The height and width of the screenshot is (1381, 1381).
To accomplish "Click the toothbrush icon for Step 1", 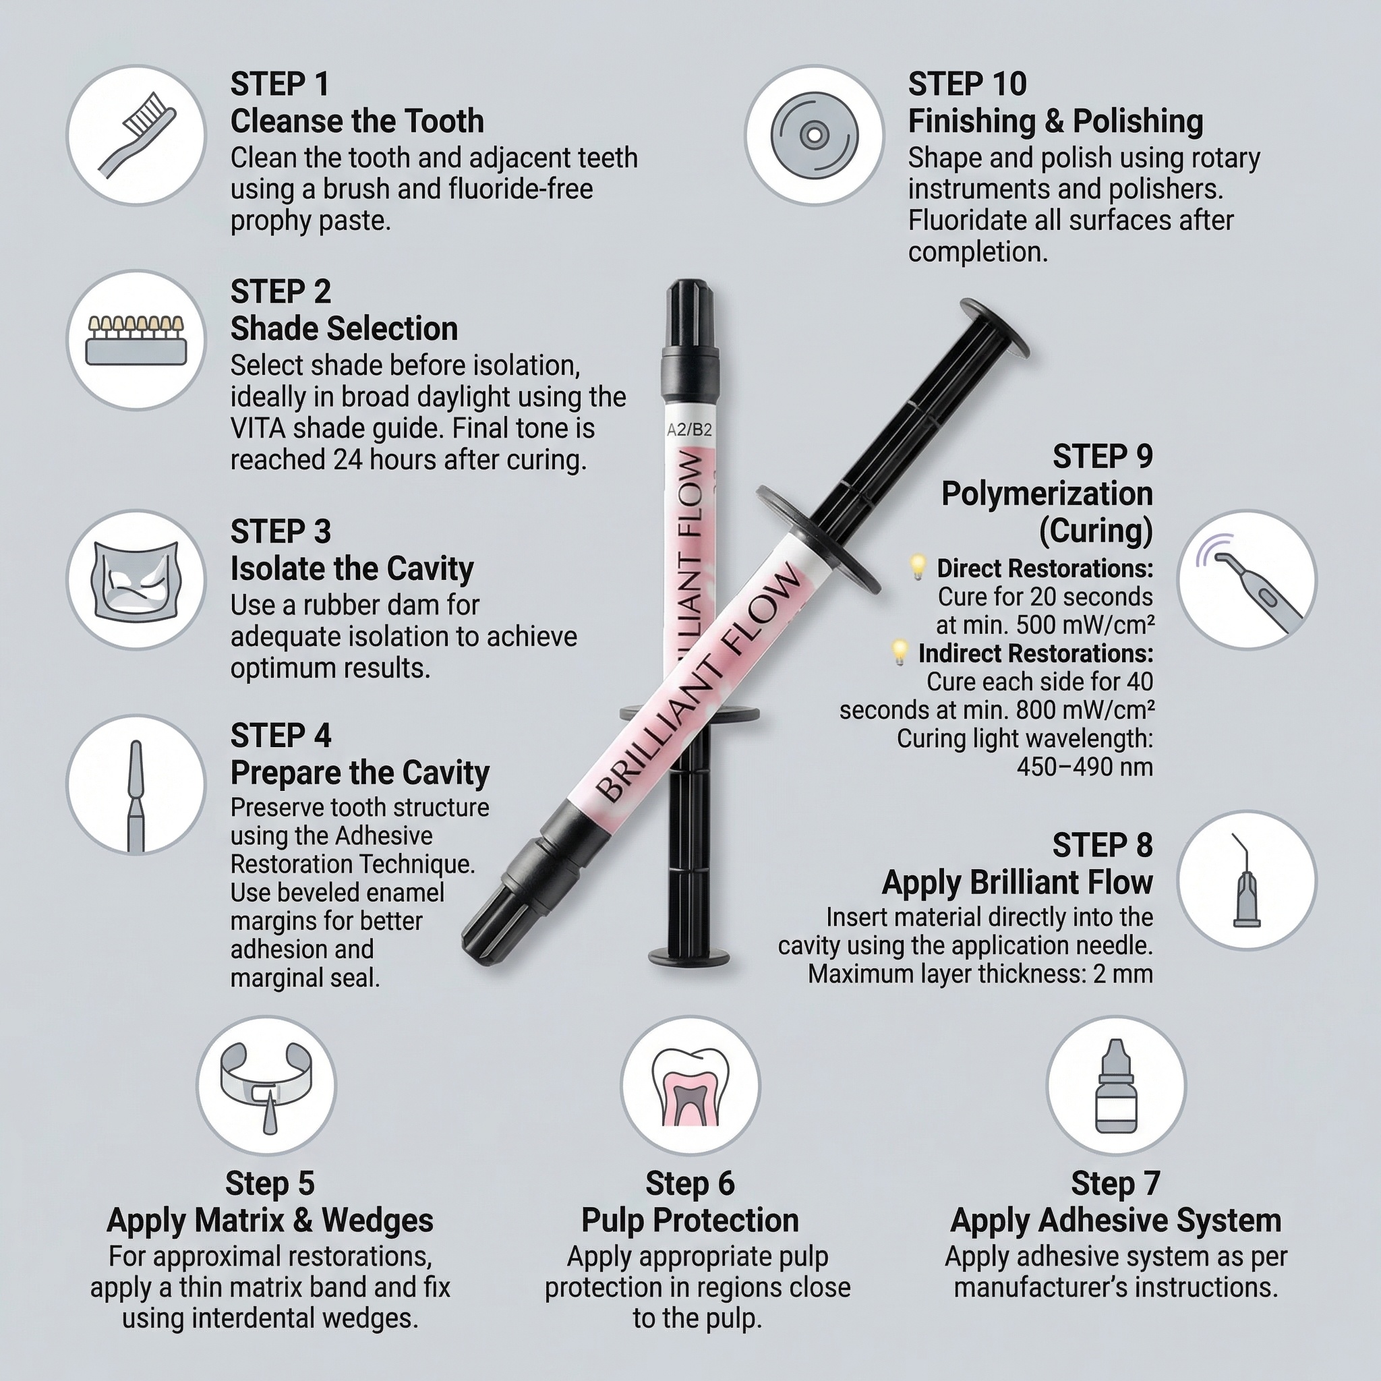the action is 136,135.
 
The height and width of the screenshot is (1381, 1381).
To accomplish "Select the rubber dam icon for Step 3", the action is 136,580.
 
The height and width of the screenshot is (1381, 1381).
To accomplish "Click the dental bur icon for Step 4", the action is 135,796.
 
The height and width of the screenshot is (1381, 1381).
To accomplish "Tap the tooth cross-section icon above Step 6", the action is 690,1086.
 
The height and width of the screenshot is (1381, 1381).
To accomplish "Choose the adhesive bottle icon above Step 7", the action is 1116,1086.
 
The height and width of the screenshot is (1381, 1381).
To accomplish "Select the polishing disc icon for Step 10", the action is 813,135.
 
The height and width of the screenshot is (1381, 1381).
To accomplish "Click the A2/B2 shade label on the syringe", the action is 689,430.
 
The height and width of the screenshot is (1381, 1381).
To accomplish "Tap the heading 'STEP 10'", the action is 967,84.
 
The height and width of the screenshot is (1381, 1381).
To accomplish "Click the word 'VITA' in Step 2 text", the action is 258,428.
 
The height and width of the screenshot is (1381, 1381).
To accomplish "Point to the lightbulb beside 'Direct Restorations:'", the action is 917,568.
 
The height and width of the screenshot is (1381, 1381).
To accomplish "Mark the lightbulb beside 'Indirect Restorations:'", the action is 900,652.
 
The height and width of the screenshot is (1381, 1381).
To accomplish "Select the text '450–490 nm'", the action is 1084,767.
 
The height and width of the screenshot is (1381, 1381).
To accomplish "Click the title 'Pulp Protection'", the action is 690,1220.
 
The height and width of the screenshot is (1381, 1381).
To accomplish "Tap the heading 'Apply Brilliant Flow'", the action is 1017,882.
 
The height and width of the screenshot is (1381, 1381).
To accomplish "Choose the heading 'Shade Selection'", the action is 344,329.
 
